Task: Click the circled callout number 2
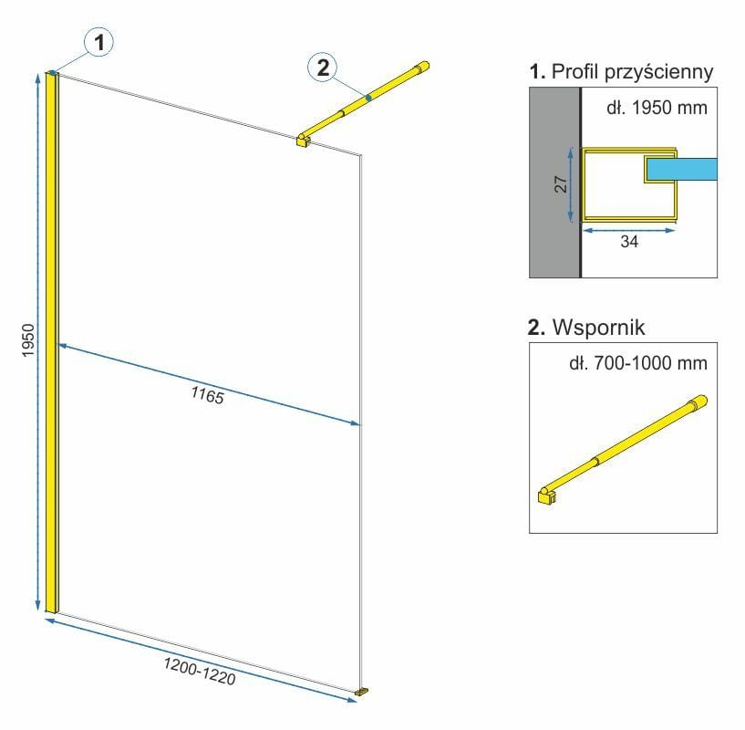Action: pos(322,66)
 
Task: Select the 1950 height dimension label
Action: pos(28,340)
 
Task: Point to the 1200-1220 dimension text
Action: pos(199,670)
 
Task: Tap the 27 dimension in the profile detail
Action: pos(562,183)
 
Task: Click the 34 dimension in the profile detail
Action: pos(629,241)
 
